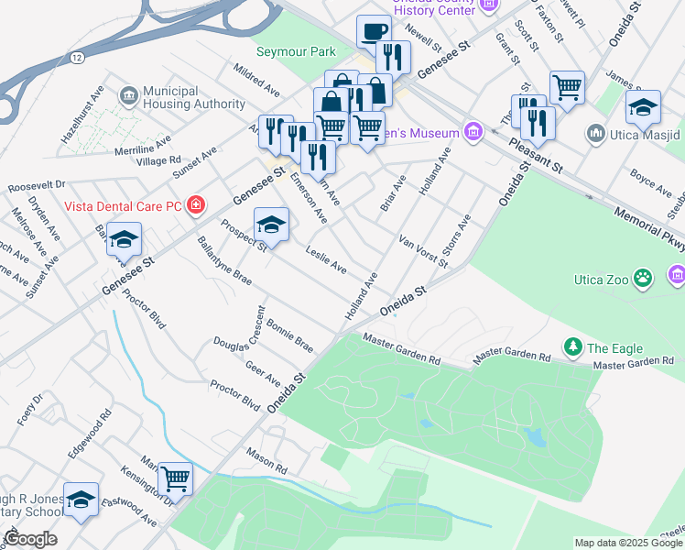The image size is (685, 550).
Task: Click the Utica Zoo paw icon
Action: tap(645, 275)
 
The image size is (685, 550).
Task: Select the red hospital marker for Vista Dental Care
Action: tap(195, 203)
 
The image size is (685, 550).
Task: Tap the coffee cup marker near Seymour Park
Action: tap(373, 31)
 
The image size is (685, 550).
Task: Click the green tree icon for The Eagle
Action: tap(573, 347)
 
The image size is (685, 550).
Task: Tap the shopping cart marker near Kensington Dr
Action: tap(175, 478)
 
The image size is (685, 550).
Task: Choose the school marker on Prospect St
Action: tap(271, 224)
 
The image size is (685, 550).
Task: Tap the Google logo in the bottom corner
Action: tap(30, 539)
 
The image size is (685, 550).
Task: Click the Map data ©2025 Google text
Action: tap(628, 543)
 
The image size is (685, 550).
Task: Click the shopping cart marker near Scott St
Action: tap(568, 88)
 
